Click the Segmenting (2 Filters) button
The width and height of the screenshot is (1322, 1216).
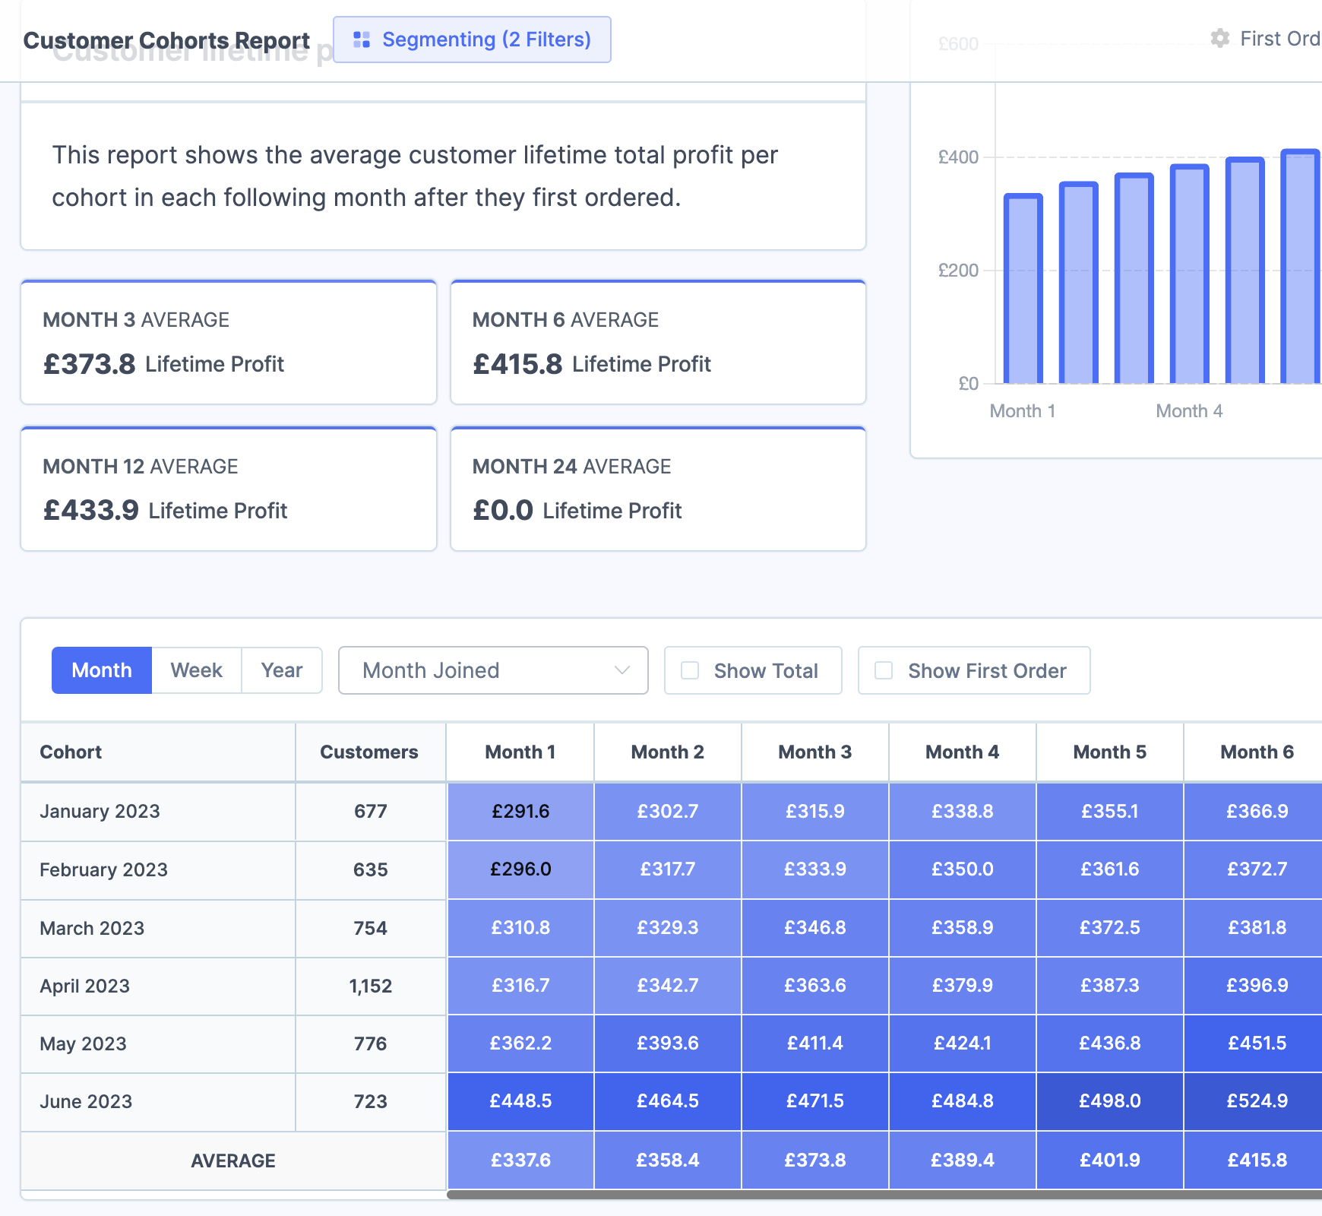(x=472, y=40)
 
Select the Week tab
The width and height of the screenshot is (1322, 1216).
(x=196, y=670)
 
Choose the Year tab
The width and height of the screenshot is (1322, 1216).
(x=281, y=670)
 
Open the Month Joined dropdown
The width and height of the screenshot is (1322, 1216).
(x=492, y=670)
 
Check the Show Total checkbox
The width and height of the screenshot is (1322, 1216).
(x=690, y=670)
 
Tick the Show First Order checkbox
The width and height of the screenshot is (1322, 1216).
(x=884, y=670)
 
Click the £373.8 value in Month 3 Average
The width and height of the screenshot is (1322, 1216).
(x=89, y=364)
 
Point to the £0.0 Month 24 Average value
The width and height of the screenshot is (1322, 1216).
(x=502, y=511)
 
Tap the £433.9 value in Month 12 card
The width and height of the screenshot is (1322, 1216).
(x=90, y=511)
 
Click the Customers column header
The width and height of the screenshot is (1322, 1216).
(x=368, y=752)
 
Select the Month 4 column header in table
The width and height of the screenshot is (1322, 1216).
(x=962, y=752)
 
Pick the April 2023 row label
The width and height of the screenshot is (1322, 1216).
(x=84, y=986)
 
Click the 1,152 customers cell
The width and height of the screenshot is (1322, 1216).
(x=370, y=986)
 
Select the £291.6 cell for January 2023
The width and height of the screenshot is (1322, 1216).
(x=520, y=811)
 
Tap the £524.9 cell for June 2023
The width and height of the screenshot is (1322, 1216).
(x=1257, y=1101)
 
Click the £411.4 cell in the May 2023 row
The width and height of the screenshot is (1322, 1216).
(x=814, y=1043)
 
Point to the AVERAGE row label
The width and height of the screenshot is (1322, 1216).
(x=232, y=1161)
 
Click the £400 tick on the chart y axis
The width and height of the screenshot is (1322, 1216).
(x=958, y=157)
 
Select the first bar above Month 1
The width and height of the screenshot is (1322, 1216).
(x=1023, y=289)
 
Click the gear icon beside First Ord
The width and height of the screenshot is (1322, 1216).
(x=1220, y=39)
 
